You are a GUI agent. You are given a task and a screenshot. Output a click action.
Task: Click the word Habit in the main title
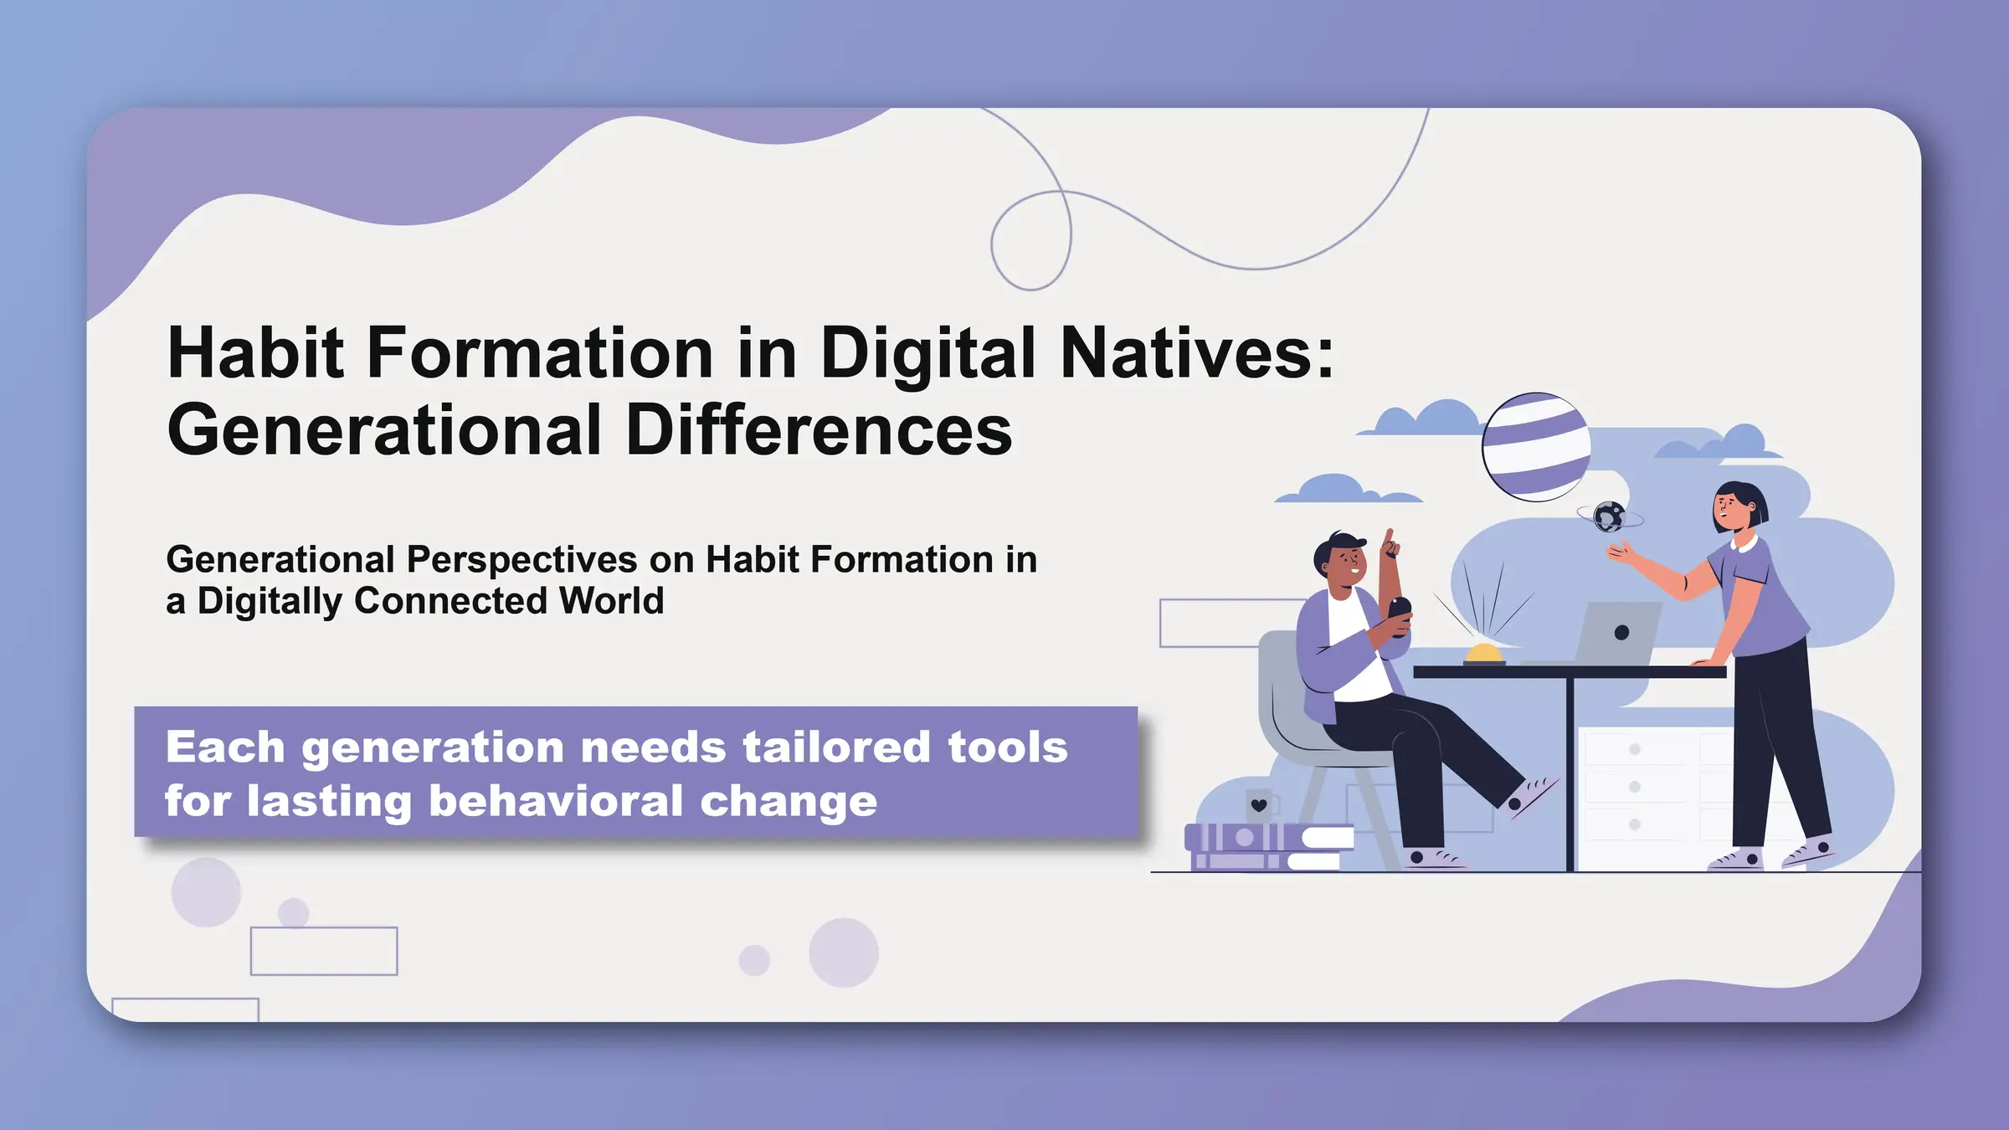pyautogui.click(x=256, y=353)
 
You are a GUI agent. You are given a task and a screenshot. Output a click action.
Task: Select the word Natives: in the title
pyautogui.click(x=1197, y=353)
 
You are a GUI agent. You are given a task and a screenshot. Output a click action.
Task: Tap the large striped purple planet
pyautogui.click(x=1536, y=447)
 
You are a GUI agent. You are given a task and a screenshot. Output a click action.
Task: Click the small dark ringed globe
pyautogui.click(x=1609, y=517)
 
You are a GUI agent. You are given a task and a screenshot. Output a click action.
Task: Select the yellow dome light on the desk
pyautogui.click(x=1484, y=654)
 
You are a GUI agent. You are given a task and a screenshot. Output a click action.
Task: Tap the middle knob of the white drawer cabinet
pyautogui.click(x=1634, y=787)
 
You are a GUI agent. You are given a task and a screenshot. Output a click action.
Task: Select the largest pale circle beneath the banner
pyautogui.click(x=844, y=953)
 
